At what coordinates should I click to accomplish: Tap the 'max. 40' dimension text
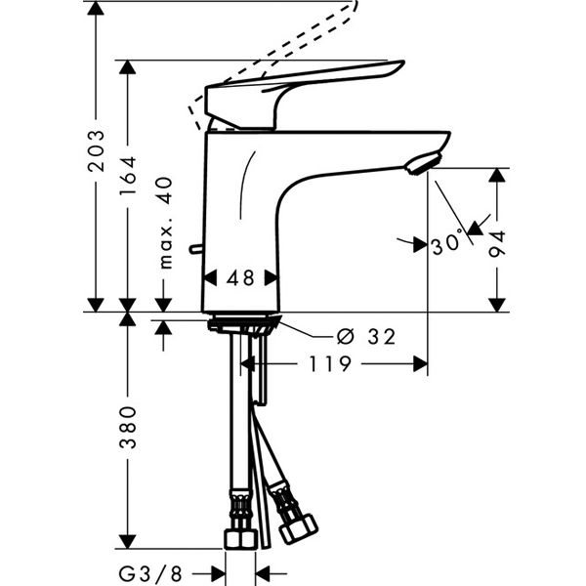tap(164, 223)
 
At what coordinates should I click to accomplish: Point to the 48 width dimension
tap(240, 278)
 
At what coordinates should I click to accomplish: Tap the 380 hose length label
tap(128, 430)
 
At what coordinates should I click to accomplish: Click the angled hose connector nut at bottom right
tap(297, 527)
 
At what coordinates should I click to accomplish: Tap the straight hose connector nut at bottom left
tap(240, 537)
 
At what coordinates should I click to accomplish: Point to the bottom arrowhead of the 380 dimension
tap(128, 540)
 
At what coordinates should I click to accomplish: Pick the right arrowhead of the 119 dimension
tap(420, 363)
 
